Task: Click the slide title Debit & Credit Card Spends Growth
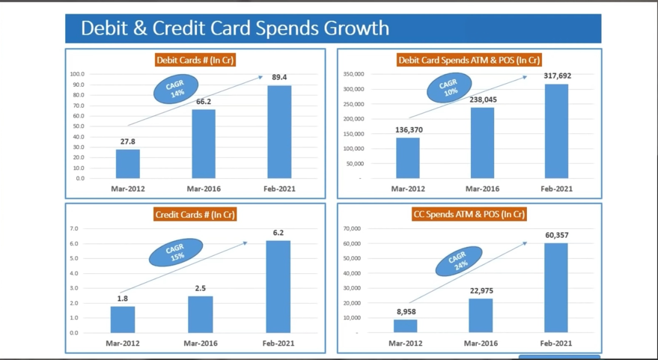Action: [x=235, y=28]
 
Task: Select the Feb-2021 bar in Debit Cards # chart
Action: [x=279, y=132]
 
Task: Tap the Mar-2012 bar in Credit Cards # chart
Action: [x=123, y=320]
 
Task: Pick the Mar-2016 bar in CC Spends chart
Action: [x=481, y=315]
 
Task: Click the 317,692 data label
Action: [x=557, y=76]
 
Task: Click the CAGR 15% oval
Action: [x=177, y=252]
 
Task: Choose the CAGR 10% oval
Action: [x=450, y=88]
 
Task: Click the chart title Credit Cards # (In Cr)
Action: [x=195, y=215]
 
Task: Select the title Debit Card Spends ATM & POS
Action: [x=469, y=60]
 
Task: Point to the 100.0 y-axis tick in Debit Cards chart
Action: [x=77, y=74]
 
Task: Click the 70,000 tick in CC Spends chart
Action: [x=352, y=228]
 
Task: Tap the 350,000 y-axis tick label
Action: [x=353, y=74]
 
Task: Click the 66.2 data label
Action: [x=204, y=102]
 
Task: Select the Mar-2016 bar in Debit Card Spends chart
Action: [x=482, y=143]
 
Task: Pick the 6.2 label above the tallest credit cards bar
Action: [x=278, y=233]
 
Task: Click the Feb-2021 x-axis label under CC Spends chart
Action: [x=556, y=343]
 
